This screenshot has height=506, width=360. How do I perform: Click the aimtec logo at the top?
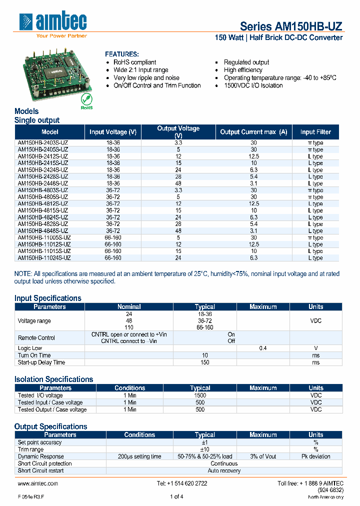53,23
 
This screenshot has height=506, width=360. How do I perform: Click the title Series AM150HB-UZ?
291,26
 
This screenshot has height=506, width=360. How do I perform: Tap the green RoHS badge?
86,100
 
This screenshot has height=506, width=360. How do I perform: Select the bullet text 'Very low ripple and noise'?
146,77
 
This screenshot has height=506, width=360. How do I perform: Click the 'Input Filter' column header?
315,132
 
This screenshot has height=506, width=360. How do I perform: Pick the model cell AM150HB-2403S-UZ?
43,143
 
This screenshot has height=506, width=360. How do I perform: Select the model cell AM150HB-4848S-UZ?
43,231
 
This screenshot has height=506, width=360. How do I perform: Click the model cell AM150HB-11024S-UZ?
44,258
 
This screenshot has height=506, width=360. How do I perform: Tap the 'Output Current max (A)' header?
253,132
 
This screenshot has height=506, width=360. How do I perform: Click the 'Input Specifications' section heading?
47,298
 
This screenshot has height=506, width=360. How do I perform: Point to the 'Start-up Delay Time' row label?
41,362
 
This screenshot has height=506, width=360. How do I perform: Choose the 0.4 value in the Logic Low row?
263,348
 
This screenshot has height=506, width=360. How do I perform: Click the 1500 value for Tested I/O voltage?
200,395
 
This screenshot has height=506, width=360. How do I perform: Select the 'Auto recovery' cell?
224,470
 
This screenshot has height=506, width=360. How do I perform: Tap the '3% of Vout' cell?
263,456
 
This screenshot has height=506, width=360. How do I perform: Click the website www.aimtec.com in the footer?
38,483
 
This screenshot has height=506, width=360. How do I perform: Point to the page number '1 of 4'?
177,496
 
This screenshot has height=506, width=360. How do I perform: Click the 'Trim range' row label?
31,449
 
